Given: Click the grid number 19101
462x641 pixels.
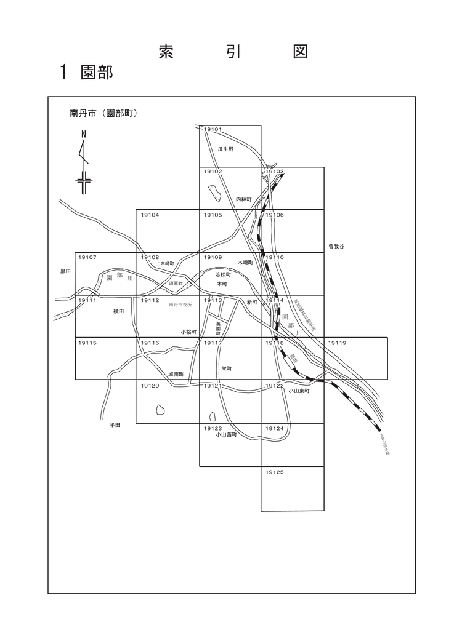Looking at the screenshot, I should (x=213, y=130).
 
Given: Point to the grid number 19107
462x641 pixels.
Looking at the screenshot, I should (x=88, y=257).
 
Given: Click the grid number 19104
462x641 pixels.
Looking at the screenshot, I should (x=150, y=215).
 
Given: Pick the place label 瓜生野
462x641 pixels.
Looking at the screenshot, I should (x=226, y=149).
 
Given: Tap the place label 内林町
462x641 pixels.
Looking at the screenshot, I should (x=245, y=199).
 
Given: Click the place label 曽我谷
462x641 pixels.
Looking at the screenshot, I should (x=336, y=246).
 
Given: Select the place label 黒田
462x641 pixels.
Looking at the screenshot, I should (x=66, y=271).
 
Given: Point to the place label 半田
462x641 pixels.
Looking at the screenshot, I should (x=115, y=424).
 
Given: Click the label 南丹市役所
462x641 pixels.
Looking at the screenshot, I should (x=180, y=305).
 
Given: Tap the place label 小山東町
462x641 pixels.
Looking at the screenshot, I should (x=298, y=390).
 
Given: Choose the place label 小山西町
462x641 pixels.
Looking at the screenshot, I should (x=226, y=434).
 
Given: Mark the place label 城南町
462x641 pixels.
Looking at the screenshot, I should (x=176, y=374).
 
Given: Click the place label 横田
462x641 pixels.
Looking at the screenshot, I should (x=119, y=312).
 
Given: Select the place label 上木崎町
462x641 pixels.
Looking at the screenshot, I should (x=164, y=263).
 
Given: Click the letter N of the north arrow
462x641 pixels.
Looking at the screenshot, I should (x=84, y=133).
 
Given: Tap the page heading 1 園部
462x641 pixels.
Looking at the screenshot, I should (x=86, y=71).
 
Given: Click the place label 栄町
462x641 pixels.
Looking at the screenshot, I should (x=226, y=368).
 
